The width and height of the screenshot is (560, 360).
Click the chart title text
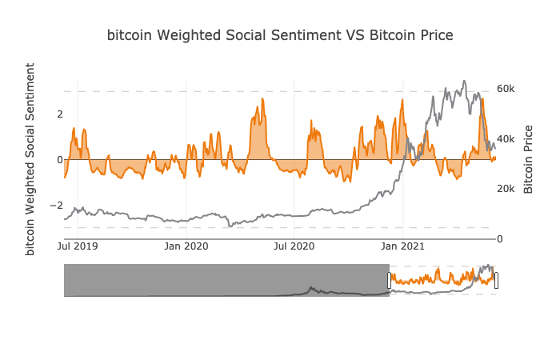[280, 35]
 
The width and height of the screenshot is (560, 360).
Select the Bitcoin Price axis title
[529, 159]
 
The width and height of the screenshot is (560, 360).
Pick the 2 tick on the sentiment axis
[59, 114]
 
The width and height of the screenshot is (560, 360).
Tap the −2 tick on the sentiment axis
[56, 206]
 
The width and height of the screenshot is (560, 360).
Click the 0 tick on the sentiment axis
[59, 160]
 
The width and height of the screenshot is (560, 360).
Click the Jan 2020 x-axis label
[186, 246]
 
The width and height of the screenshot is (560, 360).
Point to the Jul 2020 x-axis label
[294, 246]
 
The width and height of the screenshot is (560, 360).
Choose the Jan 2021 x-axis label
[402, 246]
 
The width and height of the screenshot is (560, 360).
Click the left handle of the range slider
[390, 280]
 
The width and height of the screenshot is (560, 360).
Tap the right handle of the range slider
[496, 280]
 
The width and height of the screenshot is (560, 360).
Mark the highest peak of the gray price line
[464, 81]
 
